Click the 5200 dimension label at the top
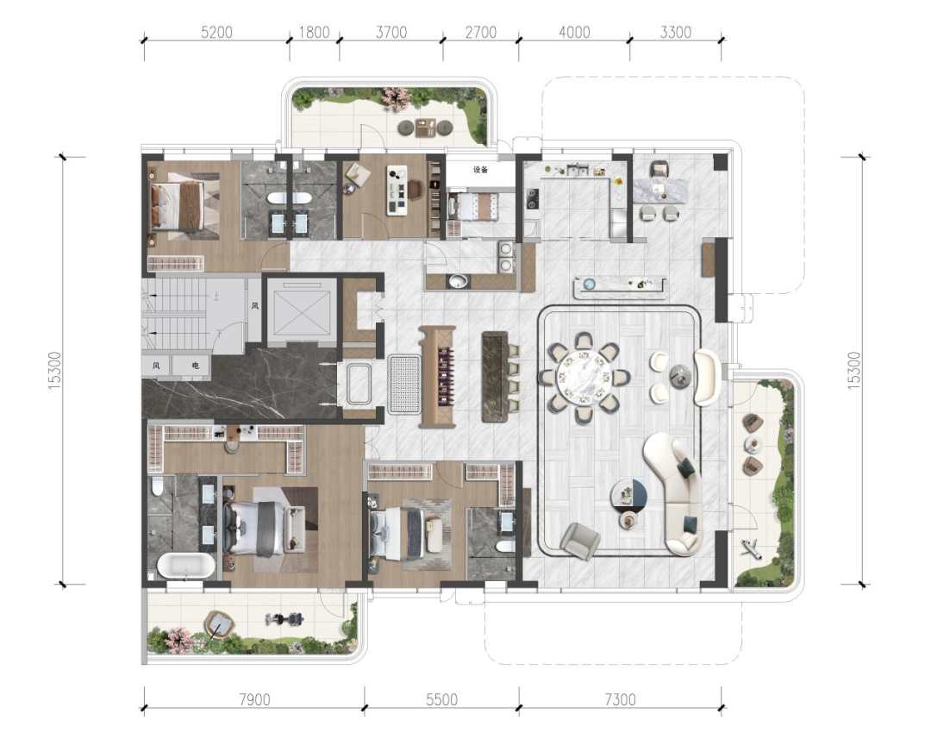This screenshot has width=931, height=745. point(216,32)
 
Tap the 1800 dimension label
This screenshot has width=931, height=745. point(314,32)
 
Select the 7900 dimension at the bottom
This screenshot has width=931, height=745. point(254,699)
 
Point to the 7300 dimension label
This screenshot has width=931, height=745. point(621,699)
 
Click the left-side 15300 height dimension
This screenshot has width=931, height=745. point(54,371)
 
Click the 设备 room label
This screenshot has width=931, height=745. point(480,170)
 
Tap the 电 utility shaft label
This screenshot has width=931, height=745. point(196,366)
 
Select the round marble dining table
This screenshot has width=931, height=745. point(584,378)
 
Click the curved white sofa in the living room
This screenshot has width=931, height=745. point(677,493)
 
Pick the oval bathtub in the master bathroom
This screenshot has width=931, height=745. point(185,567)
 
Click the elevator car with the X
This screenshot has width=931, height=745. point(297,310)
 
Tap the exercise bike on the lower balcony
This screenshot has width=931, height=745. point(285,620)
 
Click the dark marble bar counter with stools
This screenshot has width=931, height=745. point(495,377)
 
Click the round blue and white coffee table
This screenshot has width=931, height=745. point(629,496)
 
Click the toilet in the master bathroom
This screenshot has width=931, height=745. point(158,486)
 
